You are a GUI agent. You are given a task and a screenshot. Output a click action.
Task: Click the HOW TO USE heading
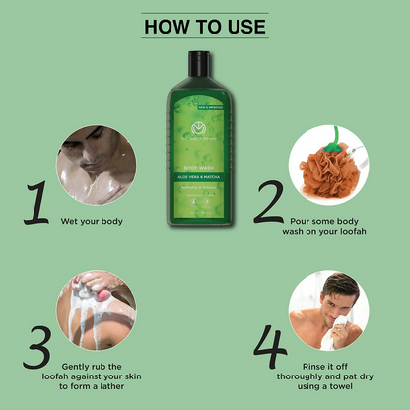[x=205, y=25]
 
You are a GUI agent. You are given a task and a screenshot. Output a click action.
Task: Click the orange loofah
[x=323, y=169]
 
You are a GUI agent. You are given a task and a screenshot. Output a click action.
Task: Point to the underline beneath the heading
[x=205, y=39]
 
